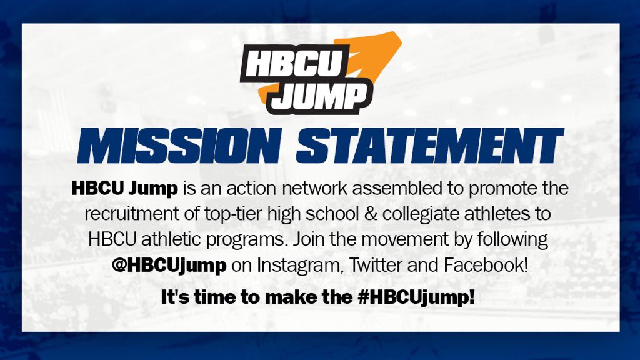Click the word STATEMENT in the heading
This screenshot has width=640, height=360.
click(430, 146)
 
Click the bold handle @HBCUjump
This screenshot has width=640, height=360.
click(169, 266)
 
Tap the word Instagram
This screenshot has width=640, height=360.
click(299, 266)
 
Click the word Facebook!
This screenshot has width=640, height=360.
click(486, 265)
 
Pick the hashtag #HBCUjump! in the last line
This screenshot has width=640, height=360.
click(416, 297)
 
